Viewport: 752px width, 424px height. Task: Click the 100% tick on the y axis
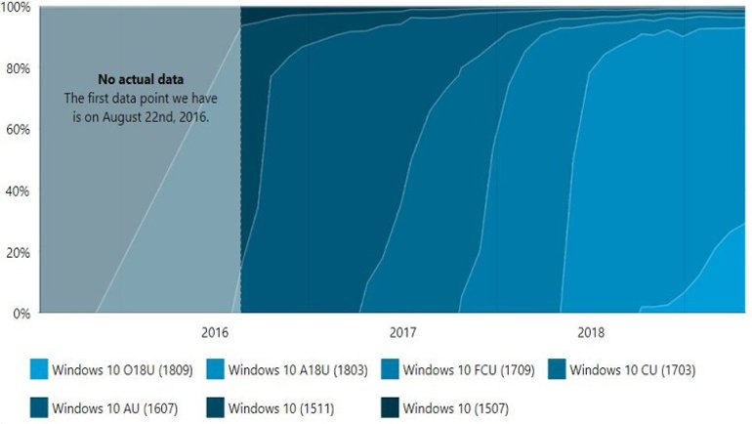pos(17,8)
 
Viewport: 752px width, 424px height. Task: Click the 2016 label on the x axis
pos(215,333)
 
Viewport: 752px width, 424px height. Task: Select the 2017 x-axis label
pos(402,333)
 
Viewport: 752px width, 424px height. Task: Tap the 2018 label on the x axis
pos(591,333)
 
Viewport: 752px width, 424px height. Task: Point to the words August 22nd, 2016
pos(170,115)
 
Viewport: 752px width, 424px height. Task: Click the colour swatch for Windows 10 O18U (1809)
pos(40,370)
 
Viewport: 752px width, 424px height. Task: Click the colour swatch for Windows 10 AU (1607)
pos(40,407)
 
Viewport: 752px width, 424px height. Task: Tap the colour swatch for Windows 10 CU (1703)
pos(556,370)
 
